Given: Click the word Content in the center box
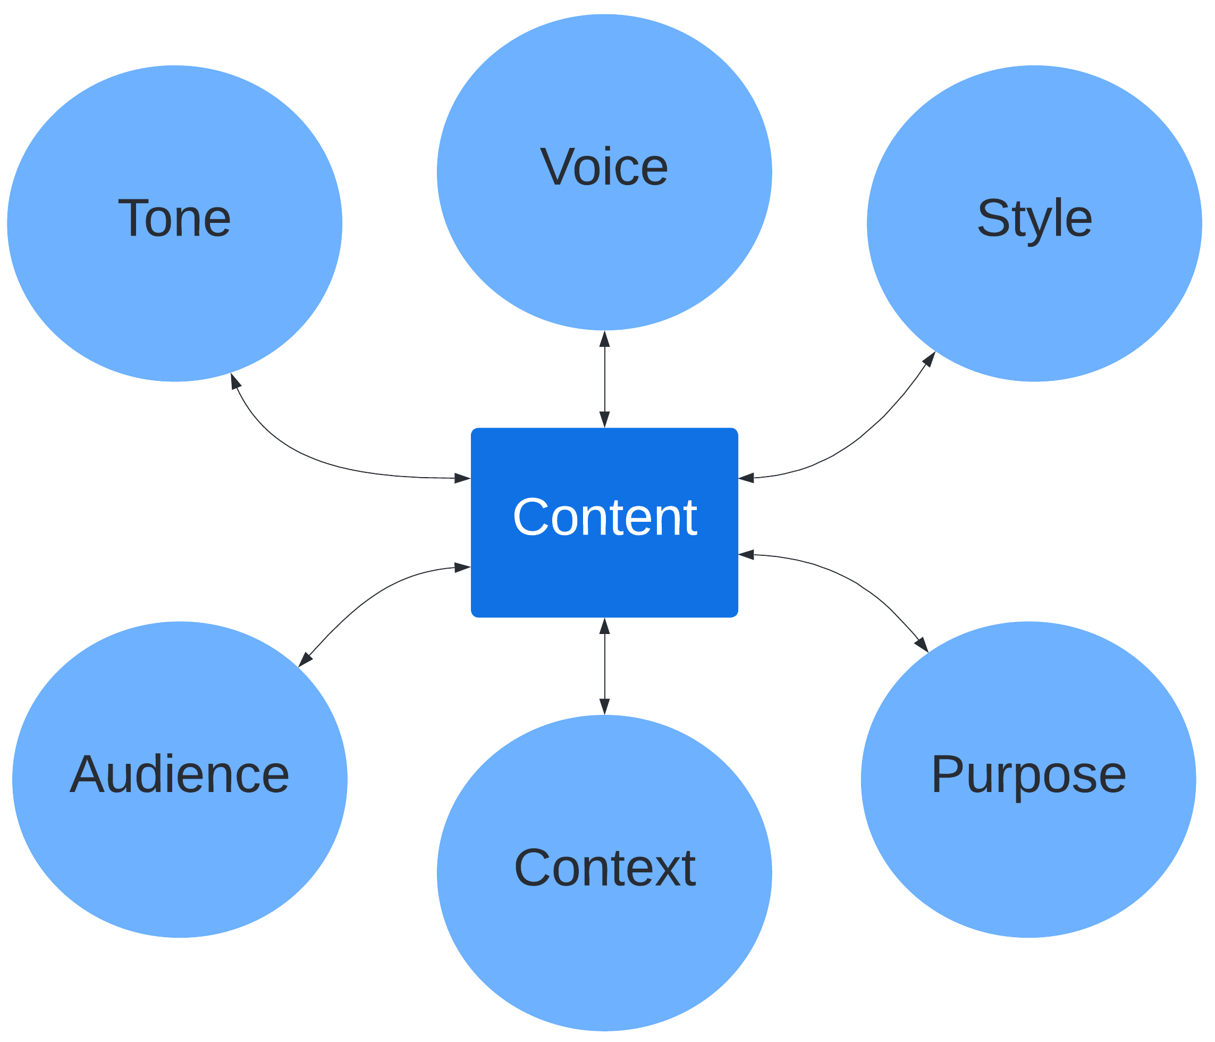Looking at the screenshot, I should [604, 517].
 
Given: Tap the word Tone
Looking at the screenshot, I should [174, 218].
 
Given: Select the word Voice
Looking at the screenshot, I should [604, 167].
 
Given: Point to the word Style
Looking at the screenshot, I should [1034, 218].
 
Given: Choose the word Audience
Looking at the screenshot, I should [180, 774].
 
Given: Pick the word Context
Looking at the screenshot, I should [604, 868].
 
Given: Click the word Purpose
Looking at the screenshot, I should [1028, 774].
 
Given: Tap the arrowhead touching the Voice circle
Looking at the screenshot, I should [604, 339].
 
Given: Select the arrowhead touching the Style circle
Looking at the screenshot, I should [930, 359].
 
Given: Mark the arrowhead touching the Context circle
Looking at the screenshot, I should [604, 706].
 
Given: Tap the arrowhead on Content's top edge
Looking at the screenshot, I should [604, 419].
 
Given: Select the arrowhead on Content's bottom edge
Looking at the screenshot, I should [604, 627].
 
